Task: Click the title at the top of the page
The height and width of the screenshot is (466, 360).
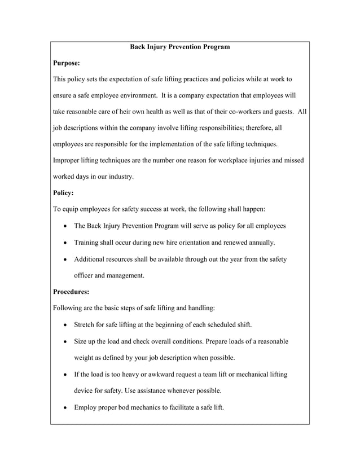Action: [180, 47]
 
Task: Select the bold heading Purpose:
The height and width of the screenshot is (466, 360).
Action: [66, 63]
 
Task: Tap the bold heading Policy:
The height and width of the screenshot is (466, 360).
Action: [63, 193]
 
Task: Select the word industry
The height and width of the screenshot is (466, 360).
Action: [120, 177]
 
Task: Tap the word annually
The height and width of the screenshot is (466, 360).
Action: [260, 243]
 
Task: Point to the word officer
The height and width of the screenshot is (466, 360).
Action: [85, 275]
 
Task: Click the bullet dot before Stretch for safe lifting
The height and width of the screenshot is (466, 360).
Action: [67, 326]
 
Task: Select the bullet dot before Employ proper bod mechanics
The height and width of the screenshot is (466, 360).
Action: [67, 407]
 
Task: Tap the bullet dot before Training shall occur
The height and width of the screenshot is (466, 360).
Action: [67, 243]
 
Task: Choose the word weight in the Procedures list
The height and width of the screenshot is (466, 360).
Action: [85, 358]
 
